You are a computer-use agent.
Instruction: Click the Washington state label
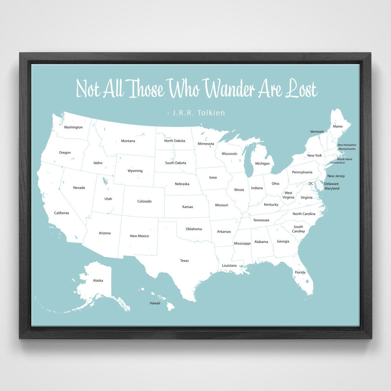click(73, 127)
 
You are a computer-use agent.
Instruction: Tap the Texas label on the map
click(184, 260)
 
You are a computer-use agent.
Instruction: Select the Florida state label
click(300, 272)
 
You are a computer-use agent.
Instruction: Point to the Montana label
click(128, 141)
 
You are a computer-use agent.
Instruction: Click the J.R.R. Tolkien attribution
click(195, 113)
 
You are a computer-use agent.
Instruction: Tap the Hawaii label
click(155, 303)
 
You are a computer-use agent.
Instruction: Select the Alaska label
click(98, 280)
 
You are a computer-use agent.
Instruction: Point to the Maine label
click(337, 126)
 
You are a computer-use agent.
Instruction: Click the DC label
click(311, 183)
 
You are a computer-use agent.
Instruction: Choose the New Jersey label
click(336, 176)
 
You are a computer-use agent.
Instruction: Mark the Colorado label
click(144, 201)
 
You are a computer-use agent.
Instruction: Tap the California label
click(61, 213)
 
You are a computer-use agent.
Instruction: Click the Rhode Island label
click(344, 159)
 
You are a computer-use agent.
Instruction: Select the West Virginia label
click(288, 195)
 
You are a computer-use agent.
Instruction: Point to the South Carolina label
click(298, 229)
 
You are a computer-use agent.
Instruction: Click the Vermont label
click(317, 131)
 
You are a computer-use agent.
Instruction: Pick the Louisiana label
click(229, 265)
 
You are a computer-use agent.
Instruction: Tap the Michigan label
click(262, 163)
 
